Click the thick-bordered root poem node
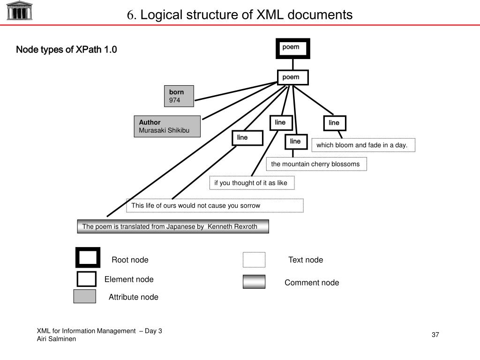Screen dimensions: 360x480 click(292, 48)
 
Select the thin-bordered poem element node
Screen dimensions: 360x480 click(292, 77)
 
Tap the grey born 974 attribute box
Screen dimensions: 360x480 click(179, 96)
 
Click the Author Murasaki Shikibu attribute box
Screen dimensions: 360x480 click(167, 126)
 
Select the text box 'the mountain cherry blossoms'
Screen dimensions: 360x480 click(316, 164)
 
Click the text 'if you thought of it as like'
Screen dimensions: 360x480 click(252, 183)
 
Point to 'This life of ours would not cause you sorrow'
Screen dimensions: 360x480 click(215, 205)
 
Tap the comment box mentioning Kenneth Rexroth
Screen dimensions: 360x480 click(173, 226)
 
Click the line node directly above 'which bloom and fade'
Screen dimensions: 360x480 click(334, 123)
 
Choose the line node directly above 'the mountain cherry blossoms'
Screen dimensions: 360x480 click(295, 141)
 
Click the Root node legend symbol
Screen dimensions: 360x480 click(88, 257)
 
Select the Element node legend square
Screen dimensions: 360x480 click(86, 279)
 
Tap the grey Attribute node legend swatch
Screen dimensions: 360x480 click(85, 296)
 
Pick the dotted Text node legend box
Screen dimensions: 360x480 click(254, 260)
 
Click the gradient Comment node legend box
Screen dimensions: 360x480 click(254, 282)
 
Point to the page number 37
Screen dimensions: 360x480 click(435, 335)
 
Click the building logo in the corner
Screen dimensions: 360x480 click(20, 10)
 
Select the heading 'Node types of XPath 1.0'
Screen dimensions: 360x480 click(67, 50)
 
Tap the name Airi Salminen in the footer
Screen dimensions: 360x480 click(56, 339)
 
